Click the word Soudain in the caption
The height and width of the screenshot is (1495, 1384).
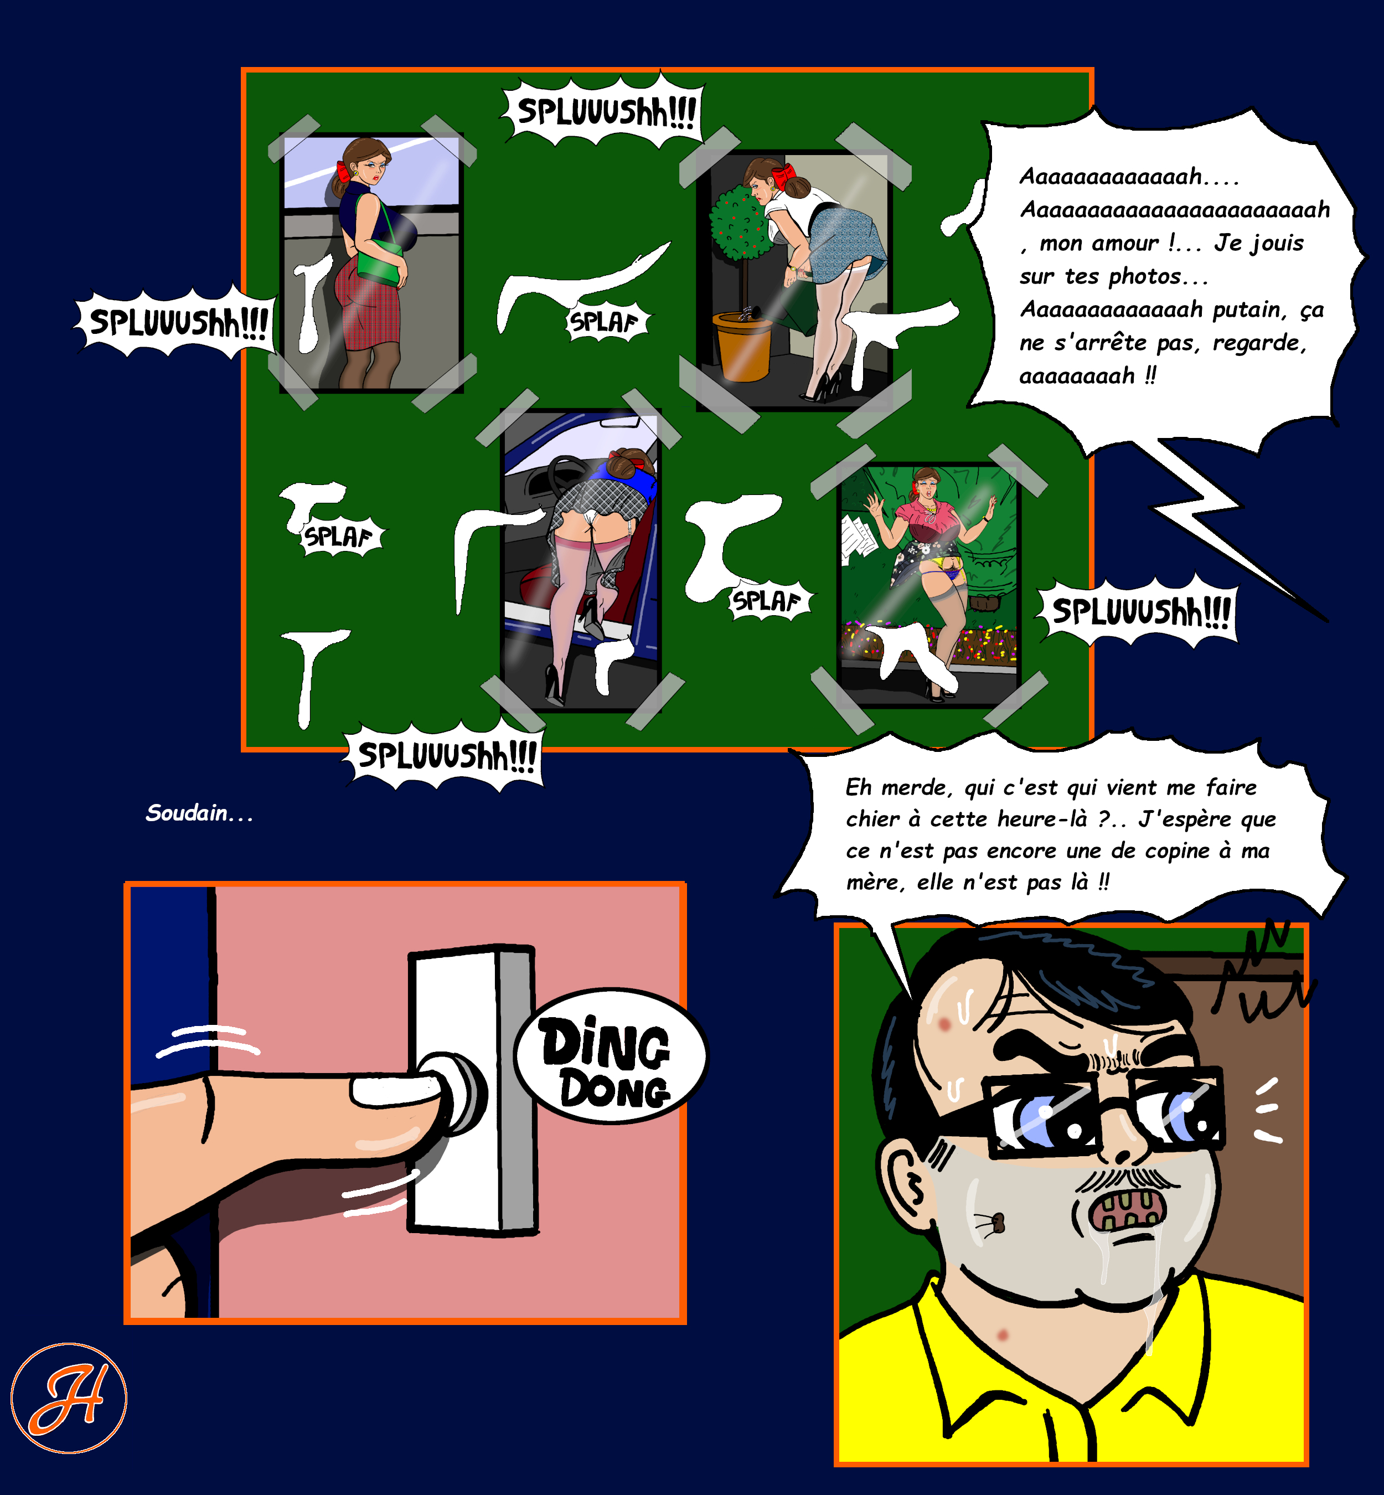[x=187, y=813]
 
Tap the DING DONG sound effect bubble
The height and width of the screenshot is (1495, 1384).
[x=611, y=1056]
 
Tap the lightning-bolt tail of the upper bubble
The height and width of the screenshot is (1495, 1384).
[x=1228, y=524]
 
